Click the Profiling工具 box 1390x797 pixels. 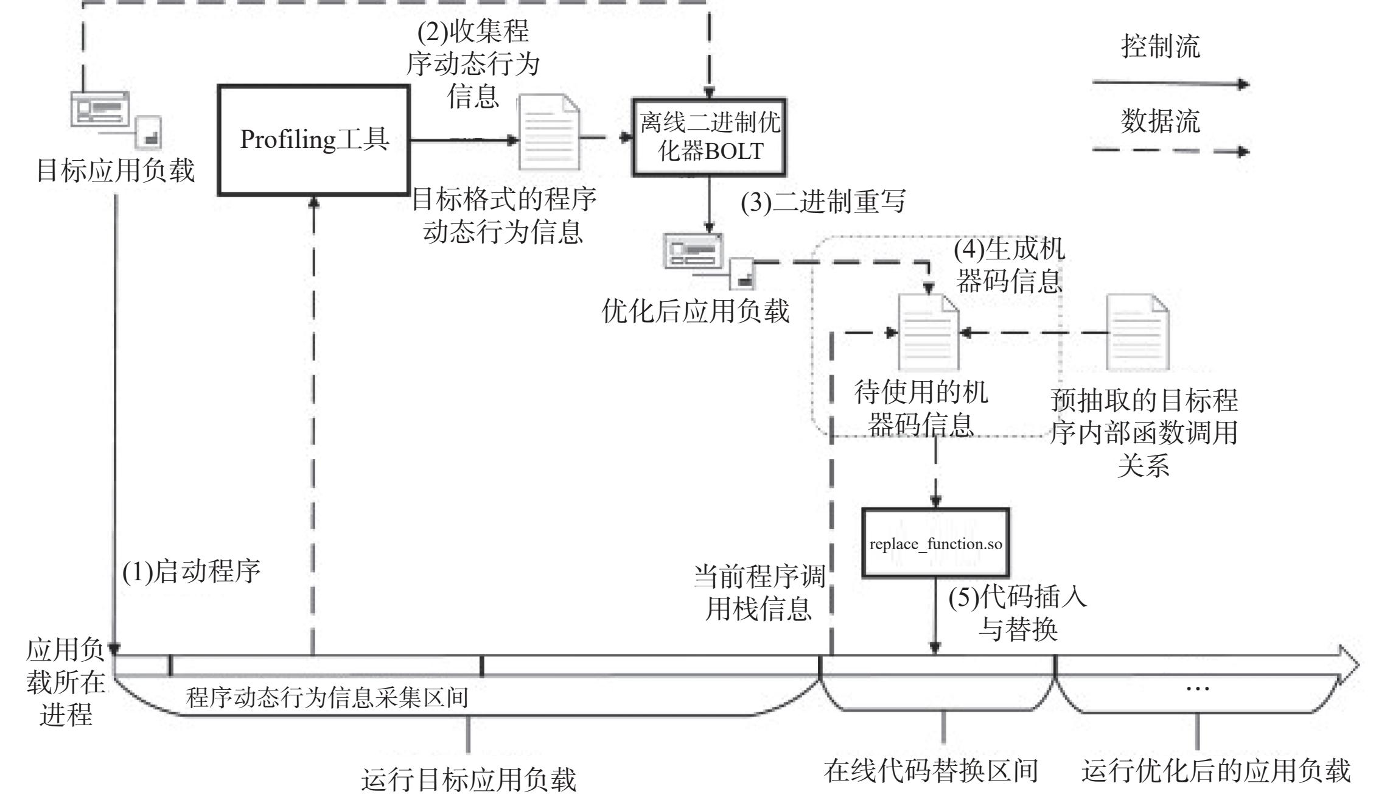tap(313, 140)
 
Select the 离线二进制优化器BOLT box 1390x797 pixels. tap(709, 138)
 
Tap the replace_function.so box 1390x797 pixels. tap(935, 543)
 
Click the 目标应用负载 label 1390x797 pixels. tap(116, 170)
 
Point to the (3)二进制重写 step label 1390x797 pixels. tap(823, 202)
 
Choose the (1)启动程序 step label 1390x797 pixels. tap(192, 572)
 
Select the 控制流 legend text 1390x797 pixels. tap(1161, 46)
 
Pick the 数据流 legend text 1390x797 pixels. tap(1161, 121)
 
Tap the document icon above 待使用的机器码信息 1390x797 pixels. tap(929, 332)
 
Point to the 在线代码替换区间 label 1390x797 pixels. tap(931, 770)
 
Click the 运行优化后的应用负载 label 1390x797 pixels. tap(1216, 770)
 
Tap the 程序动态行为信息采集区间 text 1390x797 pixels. tap(327, 697)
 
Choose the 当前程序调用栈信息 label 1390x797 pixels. tap(759, 592)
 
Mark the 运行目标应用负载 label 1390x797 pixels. tap(469, 780)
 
